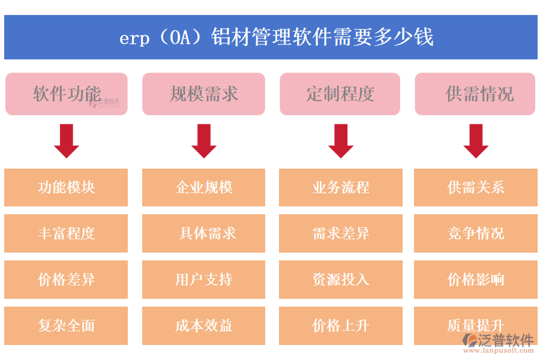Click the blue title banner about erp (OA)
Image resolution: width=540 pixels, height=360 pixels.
coord(270,37)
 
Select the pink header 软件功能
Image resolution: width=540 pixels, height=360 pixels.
coord(67,94)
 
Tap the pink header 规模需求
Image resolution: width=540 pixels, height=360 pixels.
coord(203,94)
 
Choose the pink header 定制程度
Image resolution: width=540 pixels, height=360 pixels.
coord(340,94)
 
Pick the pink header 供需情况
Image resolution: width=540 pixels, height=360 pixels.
coord(475,94)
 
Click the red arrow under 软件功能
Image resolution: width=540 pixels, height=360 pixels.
coord(67,141)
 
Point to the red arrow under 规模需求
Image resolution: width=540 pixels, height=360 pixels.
coord(203,141)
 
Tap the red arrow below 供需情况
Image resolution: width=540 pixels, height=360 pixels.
coord(476,141)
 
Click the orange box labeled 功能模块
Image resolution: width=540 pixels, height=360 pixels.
coord(66,187)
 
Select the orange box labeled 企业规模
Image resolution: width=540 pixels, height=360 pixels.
coord(203,187)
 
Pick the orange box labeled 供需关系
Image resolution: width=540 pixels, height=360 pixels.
coord(476,187)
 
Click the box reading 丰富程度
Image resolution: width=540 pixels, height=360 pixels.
coord(66,233)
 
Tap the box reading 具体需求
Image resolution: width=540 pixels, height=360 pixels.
coord(203,233)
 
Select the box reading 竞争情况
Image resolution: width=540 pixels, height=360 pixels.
coord(476,233)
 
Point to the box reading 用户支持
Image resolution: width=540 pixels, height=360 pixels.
coord(203,280)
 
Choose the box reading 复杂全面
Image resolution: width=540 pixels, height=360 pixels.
coord(66,326)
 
